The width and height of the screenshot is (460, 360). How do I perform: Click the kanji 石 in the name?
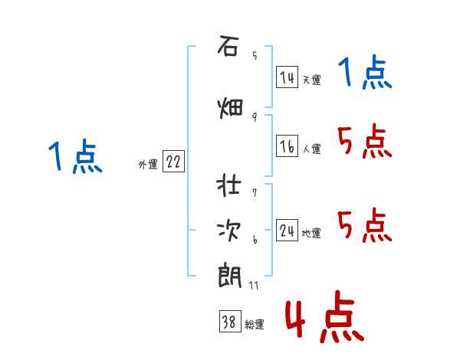[x=228, y=46]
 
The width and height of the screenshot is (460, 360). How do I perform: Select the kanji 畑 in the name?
[x=230, y=108]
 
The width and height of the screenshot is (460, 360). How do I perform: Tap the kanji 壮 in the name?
[x=228, y=185]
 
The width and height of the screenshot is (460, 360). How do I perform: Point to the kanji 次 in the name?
[x=228, y=231]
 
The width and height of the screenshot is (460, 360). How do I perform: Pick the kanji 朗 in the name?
[x=230, y=277]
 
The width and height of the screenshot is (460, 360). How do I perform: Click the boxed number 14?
[x=287, y=77]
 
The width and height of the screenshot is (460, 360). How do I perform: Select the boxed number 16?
[x=287, y=146]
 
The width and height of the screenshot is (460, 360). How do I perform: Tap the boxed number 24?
[x=287, y=230]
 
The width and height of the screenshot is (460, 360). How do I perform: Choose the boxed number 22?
[x=173, y=162]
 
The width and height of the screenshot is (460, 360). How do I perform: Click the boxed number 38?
[x=230, y=321]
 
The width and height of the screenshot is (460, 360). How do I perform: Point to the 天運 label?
[x=312, y=80]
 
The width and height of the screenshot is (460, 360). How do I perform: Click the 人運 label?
[x=312, y=149]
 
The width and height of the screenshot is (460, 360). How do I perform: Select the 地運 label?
[x=311, y=234]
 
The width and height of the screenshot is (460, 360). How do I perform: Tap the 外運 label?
[x=148, y=165]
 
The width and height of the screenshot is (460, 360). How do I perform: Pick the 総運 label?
[x=255, y=325]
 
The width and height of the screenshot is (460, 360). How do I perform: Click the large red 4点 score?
[x=325, y=317]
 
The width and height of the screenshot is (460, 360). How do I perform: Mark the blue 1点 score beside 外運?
[x=75, y=156]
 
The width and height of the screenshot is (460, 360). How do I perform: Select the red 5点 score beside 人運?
[x=365, y=141]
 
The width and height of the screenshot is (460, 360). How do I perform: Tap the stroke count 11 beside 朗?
[x=254, y=286]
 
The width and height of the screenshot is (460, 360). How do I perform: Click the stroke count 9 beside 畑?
[x=255, y=117]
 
